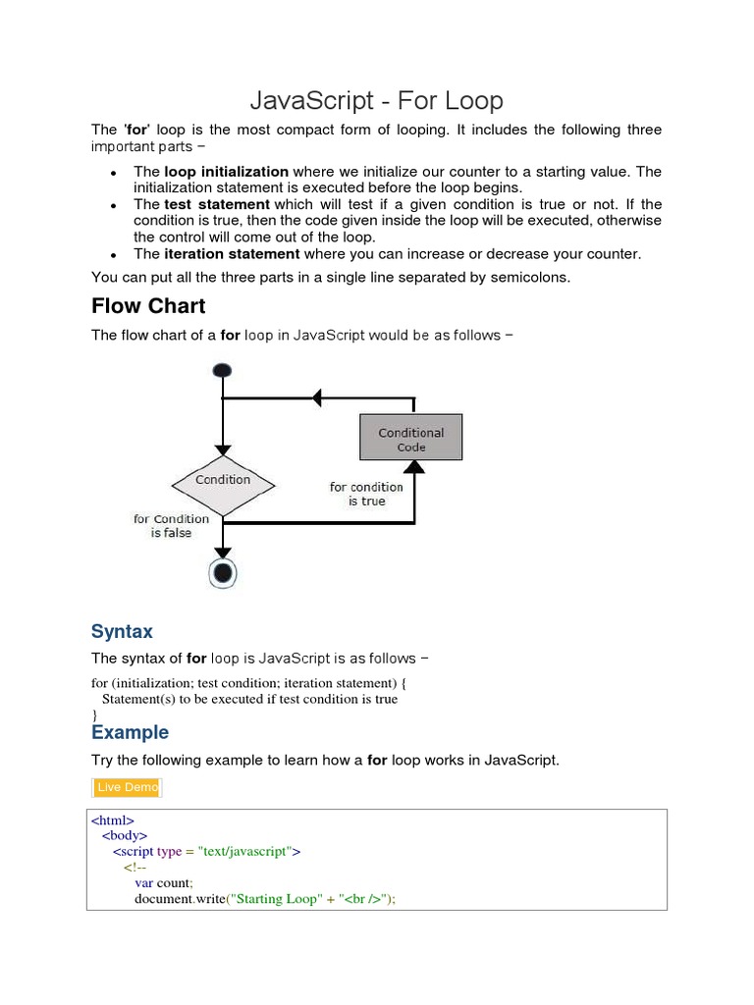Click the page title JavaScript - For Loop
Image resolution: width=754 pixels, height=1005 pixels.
pos(377,100)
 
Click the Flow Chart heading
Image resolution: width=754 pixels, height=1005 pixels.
pos(148,305)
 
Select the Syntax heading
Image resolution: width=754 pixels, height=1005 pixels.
pos(122,631)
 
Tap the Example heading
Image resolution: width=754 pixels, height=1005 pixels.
pos(130,732)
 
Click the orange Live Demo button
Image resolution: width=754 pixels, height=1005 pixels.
pos(128,787)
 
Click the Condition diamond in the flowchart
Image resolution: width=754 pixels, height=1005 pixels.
pos(223,481)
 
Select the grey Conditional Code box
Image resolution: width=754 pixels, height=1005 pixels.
pos(410,439)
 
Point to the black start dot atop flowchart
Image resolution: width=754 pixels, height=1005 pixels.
pos(223,370)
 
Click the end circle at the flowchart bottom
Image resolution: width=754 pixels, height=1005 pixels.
pos(224,573)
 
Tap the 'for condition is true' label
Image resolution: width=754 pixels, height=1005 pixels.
pos(366,494)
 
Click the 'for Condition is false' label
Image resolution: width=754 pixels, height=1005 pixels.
pos(171,526)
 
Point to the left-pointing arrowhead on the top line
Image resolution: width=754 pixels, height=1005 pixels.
pos(316,397)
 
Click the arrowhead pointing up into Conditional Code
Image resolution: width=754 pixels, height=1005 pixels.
pos(414,468)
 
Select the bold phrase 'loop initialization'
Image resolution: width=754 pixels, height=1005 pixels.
pos(226,172)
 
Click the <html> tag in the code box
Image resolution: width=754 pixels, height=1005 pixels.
pos(113,820)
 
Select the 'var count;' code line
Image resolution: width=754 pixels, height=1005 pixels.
pos(164,882)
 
